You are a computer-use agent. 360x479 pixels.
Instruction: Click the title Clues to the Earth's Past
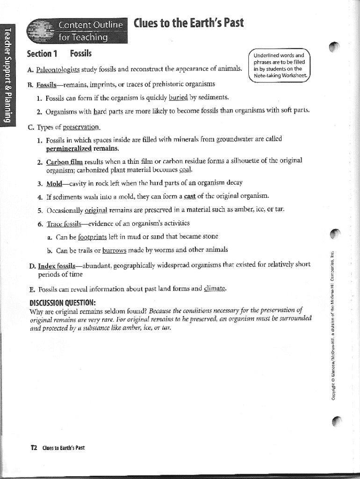(188, 23)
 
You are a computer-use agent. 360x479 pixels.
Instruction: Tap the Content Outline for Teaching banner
(77, 30)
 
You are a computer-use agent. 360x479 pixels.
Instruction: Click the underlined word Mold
(55, 182)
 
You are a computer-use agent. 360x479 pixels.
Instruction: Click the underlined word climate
(215, 289)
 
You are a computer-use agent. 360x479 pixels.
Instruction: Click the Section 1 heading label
(42, 53)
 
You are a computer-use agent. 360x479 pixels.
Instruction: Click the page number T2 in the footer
(34, 448)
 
